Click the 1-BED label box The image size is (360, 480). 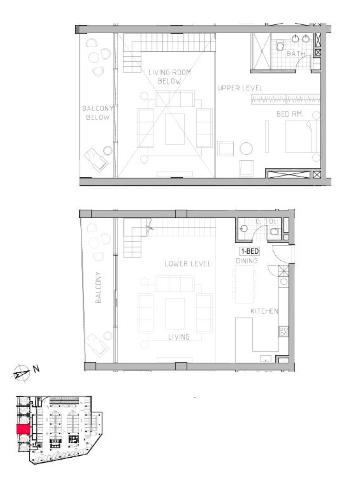coord(250,251)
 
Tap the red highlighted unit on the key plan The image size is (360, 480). coord(23,429)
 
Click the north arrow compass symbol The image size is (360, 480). coord(21,374)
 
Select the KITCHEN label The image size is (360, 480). coord(264,311)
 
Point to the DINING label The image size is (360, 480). coord(247,261)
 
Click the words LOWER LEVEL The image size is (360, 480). coord(188,264)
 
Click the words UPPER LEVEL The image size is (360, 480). coord(240,88)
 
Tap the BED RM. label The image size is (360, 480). coord(290,114)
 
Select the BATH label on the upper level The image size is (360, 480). coord(296,53)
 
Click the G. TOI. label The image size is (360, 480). coord(265,222)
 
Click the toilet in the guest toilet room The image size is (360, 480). coord(274,232)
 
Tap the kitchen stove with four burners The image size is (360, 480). coord(284,331)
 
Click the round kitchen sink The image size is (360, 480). coord(284,282)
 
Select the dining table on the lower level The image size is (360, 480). coord(244,284)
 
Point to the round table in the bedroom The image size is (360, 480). coord(246,149)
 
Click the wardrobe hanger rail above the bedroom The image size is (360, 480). coord(286,100)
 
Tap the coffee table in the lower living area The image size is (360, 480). coord(175,314)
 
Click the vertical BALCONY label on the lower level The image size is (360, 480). coord(98,287)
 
